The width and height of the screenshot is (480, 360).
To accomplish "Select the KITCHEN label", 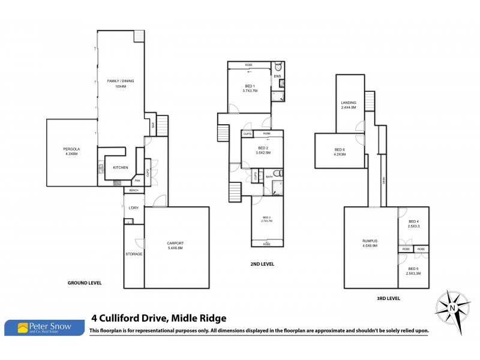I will [x=121, y=167].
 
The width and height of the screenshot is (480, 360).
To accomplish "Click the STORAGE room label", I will [x=134, y=254].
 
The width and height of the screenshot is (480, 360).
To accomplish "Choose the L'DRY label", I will [x=133, y=208].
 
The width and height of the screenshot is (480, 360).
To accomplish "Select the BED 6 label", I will [x=340, y=149].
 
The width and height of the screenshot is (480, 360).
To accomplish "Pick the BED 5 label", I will [x=413, y=269].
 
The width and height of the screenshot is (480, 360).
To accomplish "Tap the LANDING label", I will [x=349, y=103].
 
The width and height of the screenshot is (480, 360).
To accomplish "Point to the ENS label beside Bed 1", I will [x=277, y=76].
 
